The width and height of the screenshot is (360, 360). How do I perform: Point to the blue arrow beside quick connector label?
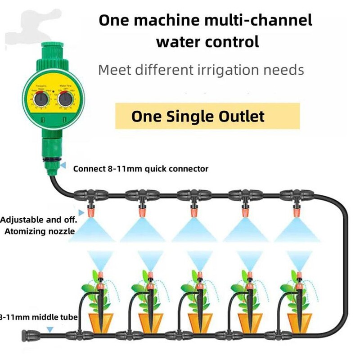[x=63, y=166]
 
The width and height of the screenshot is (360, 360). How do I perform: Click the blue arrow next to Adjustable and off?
[x=81, y=211]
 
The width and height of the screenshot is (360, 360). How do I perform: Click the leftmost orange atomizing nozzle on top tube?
[x=91, y=209]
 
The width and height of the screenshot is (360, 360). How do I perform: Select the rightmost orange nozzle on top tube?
[x=297, y=209]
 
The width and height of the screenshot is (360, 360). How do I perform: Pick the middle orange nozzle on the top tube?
[x=194, y=209]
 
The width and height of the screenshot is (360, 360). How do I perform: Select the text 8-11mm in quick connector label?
[x=118, y=169]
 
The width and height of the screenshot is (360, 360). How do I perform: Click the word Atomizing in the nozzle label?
[x=25, y=231]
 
